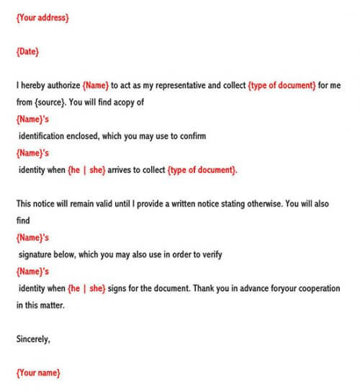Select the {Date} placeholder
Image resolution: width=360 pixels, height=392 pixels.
click(27, 51)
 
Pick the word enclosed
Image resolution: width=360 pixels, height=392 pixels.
click(89, 135)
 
